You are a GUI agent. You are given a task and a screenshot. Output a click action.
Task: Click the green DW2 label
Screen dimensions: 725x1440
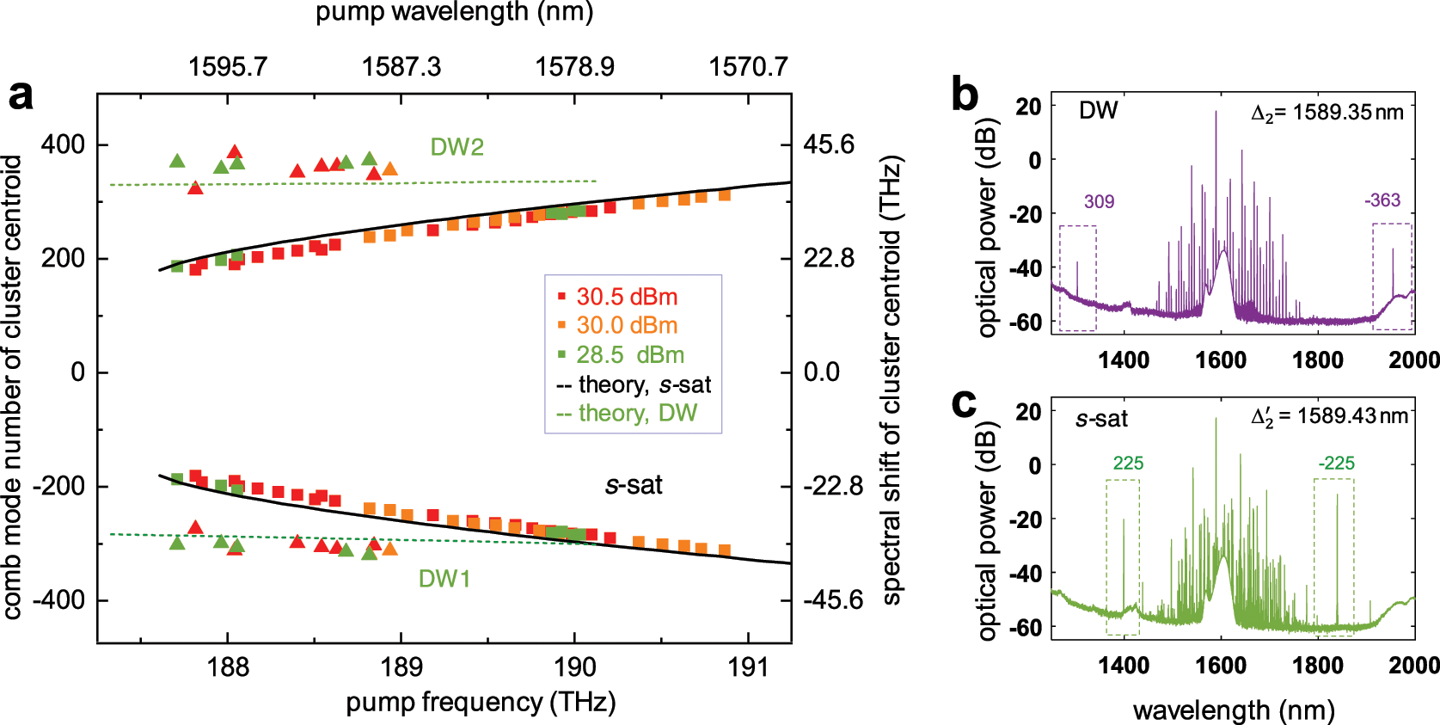point(457,147)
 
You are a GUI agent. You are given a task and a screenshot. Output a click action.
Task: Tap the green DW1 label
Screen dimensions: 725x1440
point(444,579)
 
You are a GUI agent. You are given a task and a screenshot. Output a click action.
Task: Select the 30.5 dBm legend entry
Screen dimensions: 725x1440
point(626,297)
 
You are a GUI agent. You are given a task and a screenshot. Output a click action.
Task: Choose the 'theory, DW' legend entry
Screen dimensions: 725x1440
point(636,414)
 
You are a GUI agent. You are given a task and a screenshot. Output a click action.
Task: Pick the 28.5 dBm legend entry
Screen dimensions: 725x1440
point(629,355)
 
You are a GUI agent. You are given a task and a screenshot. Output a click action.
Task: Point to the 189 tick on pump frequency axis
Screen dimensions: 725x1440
point(401,667)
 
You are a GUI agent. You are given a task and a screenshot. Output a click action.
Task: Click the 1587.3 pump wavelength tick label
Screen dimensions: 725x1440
point(401,67)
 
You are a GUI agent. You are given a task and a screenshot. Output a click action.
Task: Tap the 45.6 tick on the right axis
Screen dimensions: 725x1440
point(829,144)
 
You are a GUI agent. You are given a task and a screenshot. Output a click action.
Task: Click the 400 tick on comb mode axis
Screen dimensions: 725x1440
point(63,144)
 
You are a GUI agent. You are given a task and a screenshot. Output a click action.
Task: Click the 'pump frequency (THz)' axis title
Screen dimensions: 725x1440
point(481,703)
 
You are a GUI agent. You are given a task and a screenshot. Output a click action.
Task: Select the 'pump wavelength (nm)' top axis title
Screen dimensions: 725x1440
point(454,12)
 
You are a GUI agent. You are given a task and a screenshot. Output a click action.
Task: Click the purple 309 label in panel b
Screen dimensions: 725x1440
point(1099,202)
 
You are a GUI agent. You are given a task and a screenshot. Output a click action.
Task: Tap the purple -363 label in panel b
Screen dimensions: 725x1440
point(1382,200)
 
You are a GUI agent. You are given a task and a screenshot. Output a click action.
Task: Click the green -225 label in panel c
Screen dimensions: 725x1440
point(1336,464)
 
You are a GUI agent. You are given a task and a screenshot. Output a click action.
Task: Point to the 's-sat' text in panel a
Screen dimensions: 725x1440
point(634,485)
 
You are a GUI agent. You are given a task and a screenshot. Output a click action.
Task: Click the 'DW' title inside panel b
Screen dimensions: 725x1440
point(1098,111)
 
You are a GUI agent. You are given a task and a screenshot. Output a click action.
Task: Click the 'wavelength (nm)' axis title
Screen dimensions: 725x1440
point(1234,710)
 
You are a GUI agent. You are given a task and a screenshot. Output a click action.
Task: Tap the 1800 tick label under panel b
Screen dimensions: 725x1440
point(1317,359)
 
